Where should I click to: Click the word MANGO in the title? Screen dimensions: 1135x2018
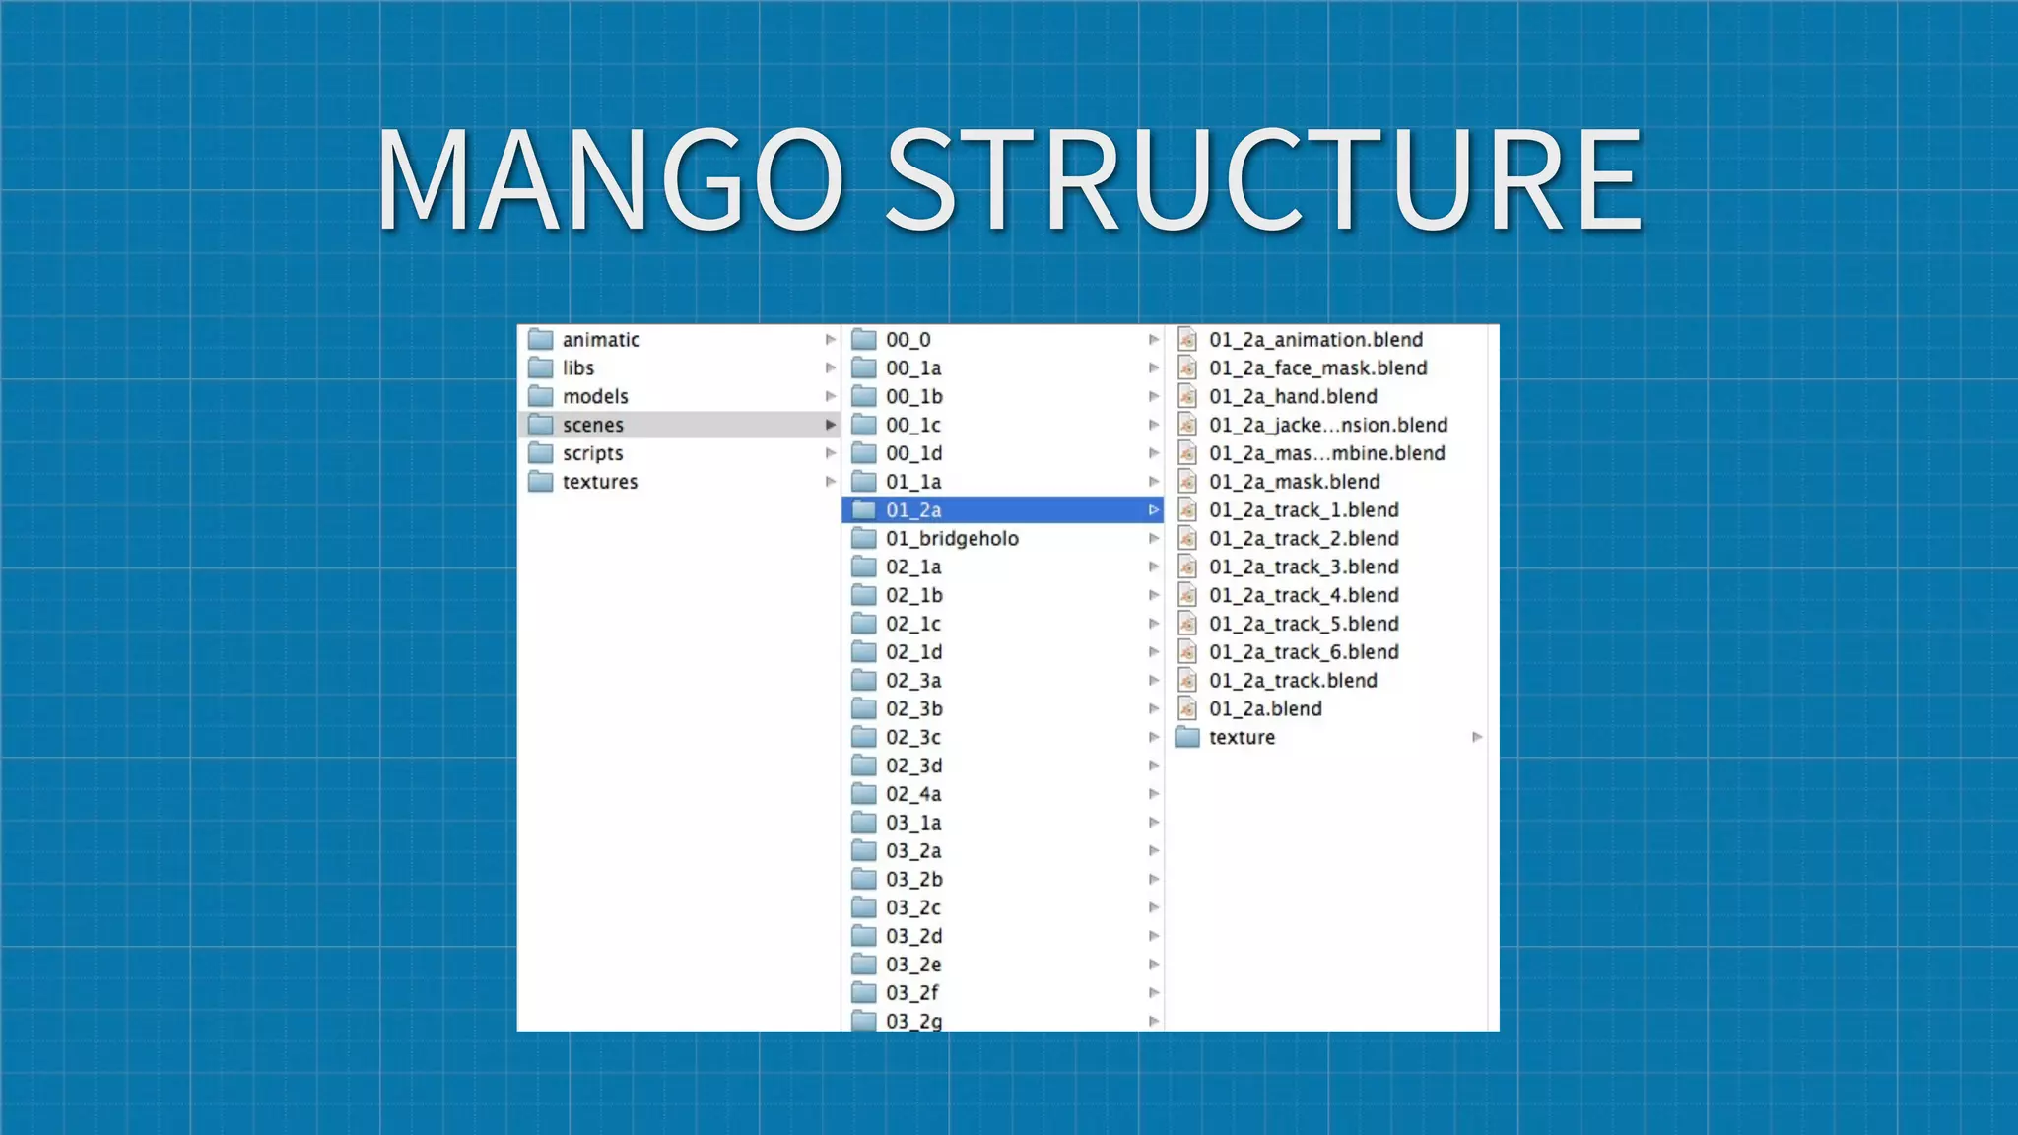(609, 179)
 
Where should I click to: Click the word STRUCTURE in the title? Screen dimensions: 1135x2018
(1265, 179)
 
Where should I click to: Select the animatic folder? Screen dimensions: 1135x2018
(600, 340)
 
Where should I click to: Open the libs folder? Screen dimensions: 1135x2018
(577, 368)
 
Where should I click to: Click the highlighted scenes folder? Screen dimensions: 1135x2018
(592, 425)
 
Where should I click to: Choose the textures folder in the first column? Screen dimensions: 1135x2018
(599, 482)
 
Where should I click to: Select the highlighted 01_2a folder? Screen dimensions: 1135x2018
(913, 510)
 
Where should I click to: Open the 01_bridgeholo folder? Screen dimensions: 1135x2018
(951, 539)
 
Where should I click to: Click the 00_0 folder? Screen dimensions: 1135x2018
(908, 340)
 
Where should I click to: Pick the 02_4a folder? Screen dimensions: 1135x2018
(913, 794)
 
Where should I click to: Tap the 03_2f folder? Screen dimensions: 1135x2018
(911, 993)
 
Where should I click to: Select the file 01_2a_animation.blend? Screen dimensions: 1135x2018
(1315, 340)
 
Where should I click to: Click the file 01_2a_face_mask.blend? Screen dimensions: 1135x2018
(1317, 368)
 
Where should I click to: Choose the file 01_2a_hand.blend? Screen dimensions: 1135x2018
(1293, 397)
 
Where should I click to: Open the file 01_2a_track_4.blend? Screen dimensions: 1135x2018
(1304, 595)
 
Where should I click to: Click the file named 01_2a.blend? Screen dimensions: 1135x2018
(1265, 709)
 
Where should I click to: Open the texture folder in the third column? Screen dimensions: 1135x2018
(1242, 738)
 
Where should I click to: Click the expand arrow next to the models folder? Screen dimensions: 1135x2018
(830, 397)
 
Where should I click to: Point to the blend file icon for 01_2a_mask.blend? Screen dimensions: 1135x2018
(1187, 482)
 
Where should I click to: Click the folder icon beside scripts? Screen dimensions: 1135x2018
(540, 453)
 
